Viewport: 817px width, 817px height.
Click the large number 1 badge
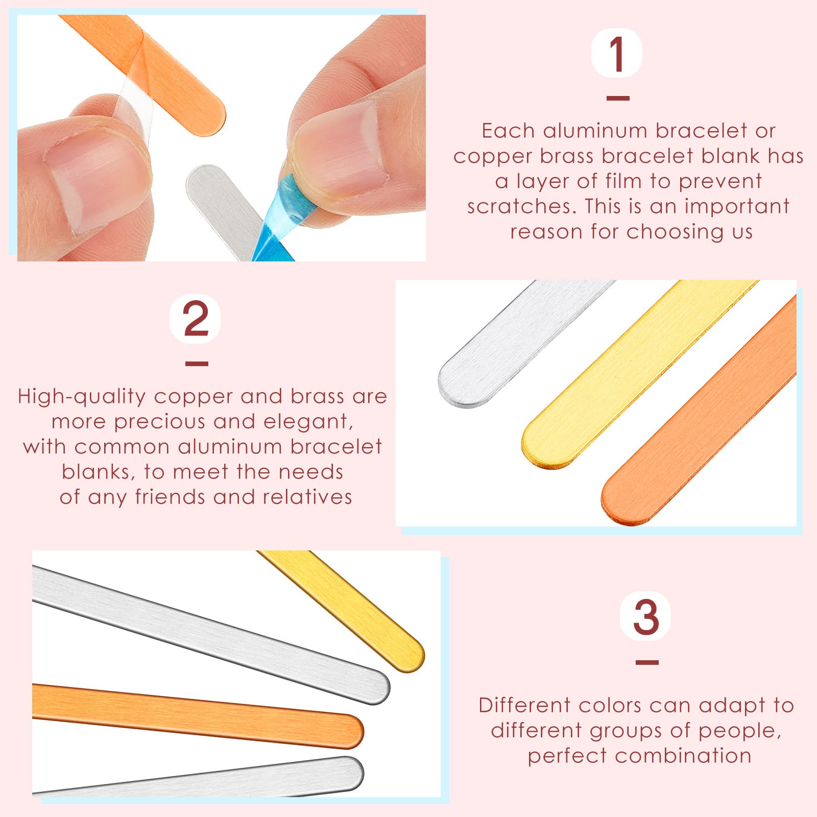pos(617,53)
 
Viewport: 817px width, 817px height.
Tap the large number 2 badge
pos(196,319)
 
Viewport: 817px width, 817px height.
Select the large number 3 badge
pos(646,617)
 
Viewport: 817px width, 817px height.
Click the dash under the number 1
pos(617,98)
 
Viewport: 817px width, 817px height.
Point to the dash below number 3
pos(647,662)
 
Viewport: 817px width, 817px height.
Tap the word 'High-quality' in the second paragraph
pos(82,397)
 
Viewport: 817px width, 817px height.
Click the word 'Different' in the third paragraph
pos(524,705)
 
